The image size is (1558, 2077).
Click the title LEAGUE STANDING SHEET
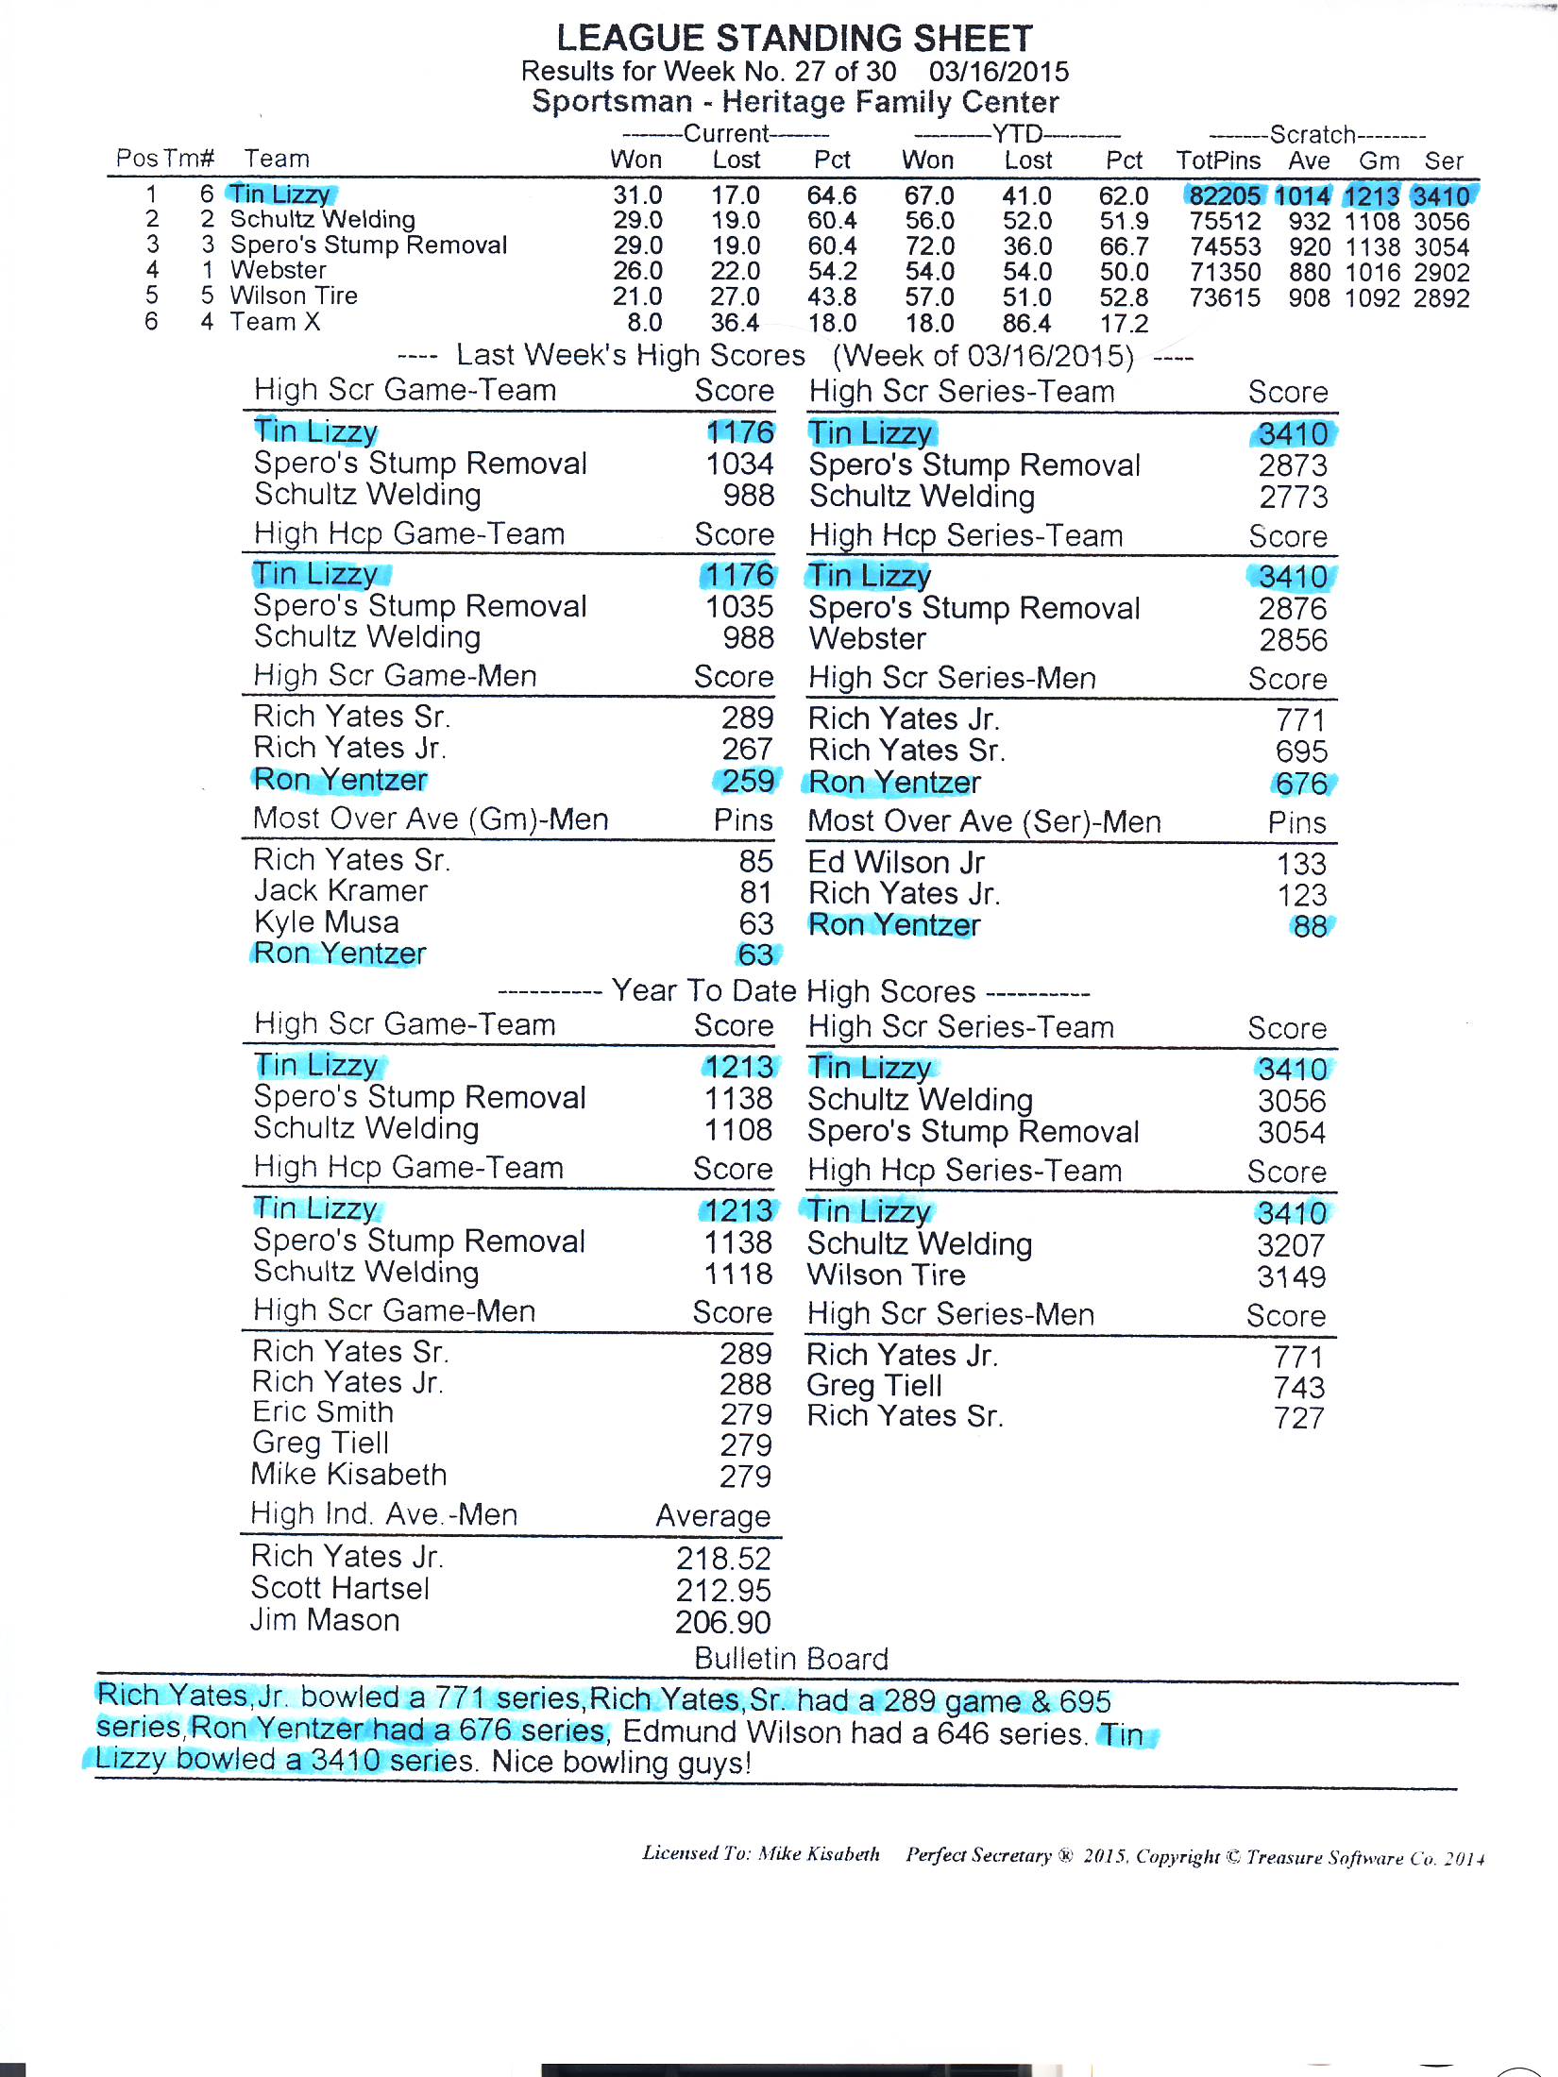[794, 38]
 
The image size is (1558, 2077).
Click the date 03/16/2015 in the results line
[999, 72]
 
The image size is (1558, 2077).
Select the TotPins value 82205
[1225, 196]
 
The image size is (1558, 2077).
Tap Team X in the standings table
[275, 322]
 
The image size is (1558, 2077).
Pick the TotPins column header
[1218, 160]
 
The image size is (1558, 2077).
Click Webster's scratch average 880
[1310, 273]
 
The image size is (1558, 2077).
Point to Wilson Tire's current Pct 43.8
[832, 297]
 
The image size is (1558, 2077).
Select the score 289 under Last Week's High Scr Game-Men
[747, 718]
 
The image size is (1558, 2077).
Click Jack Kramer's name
[341, 890]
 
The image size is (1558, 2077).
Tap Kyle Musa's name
[327, 921]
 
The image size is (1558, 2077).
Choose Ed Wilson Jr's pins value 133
[1301, 863]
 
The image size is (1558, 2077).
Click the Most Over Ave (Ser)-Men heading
[984, 821]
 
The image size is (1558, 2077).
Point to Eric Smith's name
[323, 1411]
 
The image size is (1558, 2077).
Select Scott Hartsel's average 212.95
[723, 1591]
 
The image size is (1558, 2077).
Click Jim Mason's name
[325, 1620]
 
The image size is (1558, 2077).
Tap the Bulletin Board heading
[791, 1659]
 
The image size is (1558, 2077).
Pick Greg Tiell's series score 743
[1298, 1387]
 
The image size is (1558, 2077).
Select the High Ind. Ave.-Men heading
[384, 1514]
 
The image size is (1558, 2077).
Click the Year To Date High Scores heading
[793, 991]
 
